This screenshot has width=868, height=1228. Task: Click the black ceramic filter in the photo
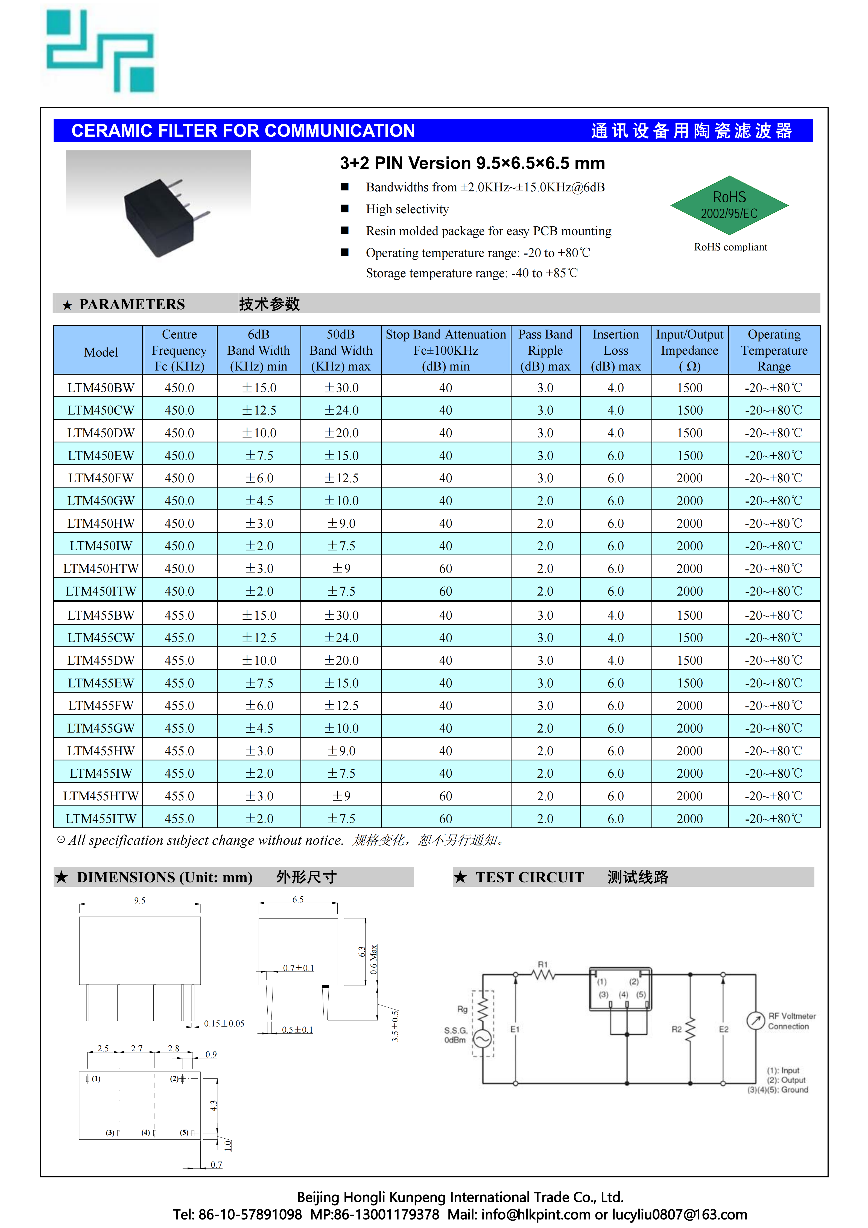coord(159,217)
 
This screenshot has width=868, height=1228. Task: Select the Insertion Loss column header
coord(616,350)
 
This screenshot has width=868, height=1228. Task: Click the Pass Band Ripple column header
coord(545,350)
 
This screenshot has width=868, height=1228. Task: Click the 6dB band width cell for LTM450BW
coord(259,388)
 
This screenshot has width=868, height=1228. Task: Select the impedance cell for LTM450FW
coord(689,478)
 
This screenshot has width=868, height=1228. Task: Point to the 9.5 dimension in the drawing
coord(140,900)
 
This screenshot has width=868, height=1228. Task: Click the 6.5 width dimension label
coord(298,899)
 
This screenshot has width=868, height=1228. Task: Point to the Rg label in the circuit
coord(462,1009)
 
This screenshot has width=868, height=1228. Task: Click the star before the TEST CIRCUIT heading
coord(460,877)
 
